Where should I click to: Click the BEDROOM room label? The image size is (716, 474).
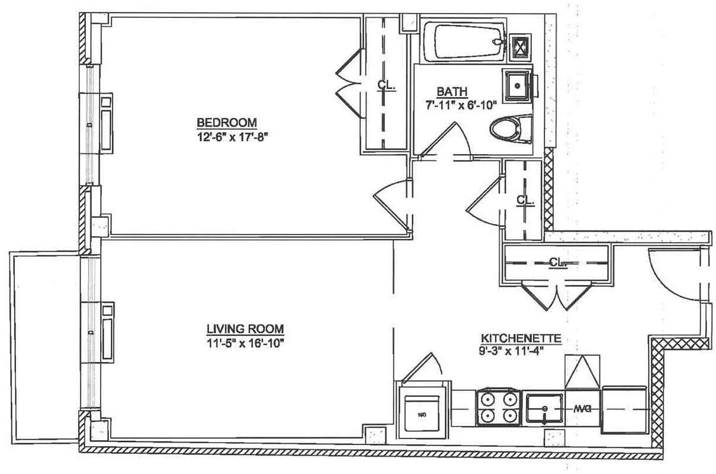point(227,123)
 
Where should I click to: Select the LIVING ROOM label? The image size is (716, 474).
point(245,329)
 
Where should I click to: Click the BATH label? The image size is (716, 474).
point(452,92)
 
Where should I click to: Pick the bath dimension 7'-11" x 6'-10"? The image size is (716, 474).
point(460,104)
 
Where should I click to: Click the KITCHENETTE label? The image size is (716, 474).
point(521,338)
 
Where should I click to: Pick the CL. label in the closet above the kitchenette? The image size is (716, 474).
point(557,261)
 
